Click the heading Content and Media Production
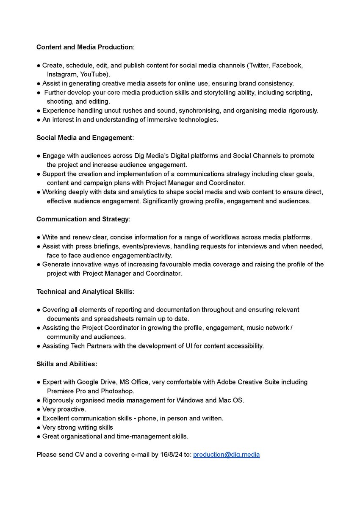(x=85, y=47)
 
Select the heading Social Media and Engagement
(x=84, y=138)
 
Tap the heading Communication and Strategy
(x=83, y=219)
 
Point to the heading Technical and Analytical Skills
(x=85, y=292)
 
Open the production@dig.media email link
(x=227, y=455)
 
